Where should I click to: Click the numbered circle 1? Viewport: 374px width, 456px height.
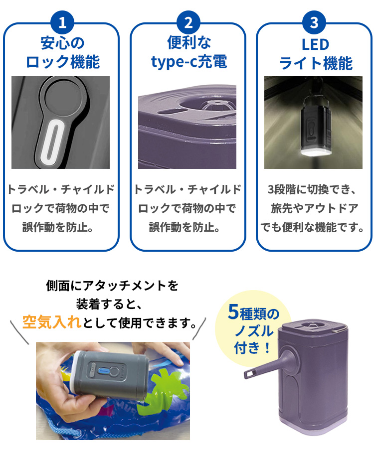point(62,22)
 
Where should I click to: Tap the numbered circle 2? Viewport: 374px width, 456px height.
point(188,22)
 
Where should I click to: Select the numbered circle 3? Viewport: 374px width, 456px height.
point(314,22)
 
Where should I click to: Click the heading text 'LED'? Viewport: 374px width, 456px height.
point(316,45)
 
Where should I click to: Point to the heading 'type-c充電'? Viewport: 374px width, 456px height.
point(189,61)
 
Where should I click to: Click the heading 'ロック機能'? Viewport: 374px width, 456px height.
point(63,62)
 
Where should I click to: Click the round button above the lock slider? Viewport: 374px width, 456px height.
point(64,97)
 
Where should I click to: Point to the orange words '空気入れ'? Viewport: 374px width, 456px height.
point(51,322)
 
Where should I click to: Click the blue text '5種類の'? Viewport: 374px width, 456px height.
point(253,312)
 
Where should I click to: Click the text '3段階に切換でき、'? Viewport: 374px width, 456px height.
point(312,189)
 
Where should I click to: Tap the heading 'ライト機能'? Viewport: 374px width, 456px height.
point(316,63)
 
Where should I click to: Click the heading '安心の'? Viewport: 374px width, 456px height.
point(62,43)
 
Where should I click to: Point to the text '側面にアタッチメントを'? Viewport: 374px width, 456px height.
point(112,286)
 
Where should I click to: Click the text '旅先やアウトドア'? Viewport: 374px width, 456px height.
point(314,208)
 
